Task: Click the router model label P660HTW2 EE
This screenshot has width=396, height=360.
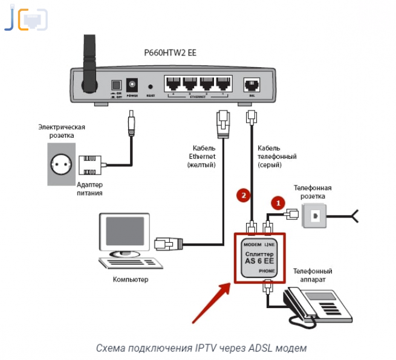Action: point(170,53)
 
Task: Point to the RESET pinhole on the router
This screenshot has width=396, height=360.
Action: point(150,86)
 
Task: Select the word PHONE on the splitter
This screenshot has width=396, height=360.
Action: point(268,272)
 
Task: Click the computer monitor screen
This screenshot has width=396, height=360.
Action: point(126,233)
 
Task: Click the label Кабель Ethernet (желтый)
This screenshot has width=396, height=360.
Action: point(204,156)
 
